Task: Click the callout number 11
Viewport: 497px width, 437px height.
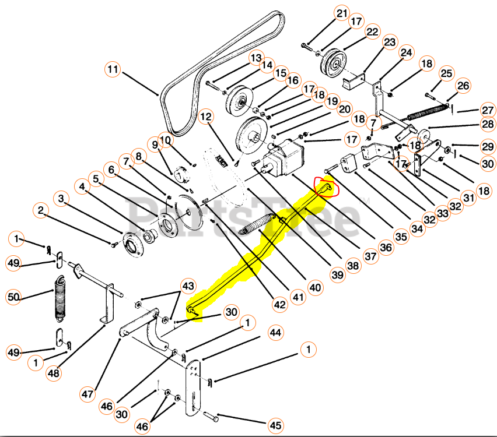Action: (113, 70)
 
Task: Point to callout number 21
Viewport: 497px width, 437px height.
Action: (341, 13)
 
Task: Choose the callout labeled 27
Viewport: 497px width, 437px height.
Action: (488, 110)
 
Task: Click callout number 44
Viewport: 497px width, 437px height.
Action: (276, 332)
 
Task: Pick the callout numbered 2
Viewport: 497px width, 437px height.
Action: (40, 210)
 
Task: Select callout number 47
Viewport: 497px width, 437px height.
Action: (87, 394)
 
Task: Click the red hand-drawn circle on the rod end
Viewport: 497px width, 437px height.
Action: (324, 188)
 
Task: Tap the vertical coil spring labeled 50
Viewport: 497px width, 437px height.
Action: (60, 298)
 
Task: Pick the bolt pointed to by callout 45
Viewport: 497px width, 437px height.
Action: (211, 417)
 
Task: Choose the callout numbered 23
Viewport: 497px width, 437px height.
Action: (389, 43)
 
